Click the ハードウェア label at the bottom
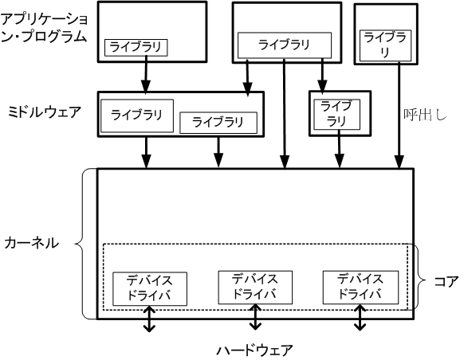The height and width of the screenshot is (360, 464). coord(254,349)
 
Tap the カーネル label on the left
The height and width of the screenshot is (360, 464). coord(30,242)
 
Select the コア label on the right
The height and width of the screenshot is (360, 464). coord(445,280)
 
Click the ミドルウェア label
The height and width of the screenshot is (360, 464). coord(43,111)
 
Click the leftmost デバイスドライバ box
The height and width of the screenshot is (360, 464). coord(150,289)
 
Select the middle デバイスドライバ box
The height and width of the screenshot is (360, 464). coord(255,287)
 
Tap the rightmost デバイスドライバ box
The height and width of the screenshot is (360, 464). coord(360,287)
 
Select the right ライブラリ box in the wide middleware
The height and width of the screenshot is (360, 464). coord(218,123)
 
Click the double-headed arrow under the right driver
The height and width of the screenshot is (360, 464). coord(360,318)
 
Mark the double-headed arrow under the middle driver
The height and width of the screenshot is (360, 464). coord(255,318)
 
